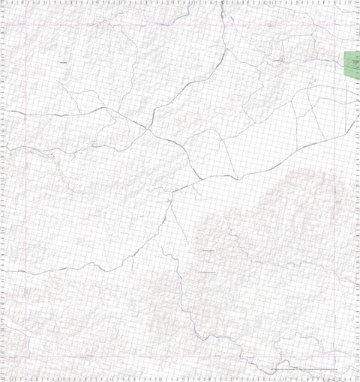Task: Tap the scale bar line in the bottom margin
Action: tap(307, 370)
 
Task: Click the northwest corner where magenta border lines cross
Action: tap(26, 26)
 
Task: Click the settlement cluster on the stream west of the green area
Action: tap(279, 58)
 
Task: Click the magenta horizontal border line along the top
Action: tap(180, 26)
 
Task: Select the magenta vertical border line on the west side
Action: tap(26, 187)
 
